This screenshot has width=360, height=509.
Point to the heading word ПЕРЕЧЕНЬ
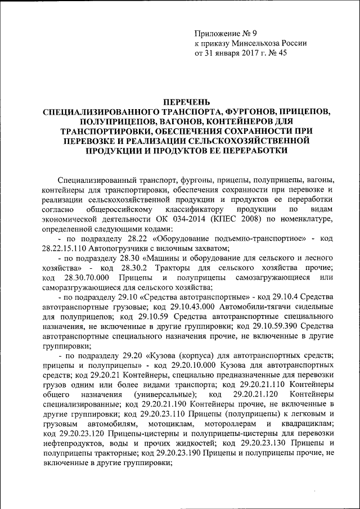(186, 102)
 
